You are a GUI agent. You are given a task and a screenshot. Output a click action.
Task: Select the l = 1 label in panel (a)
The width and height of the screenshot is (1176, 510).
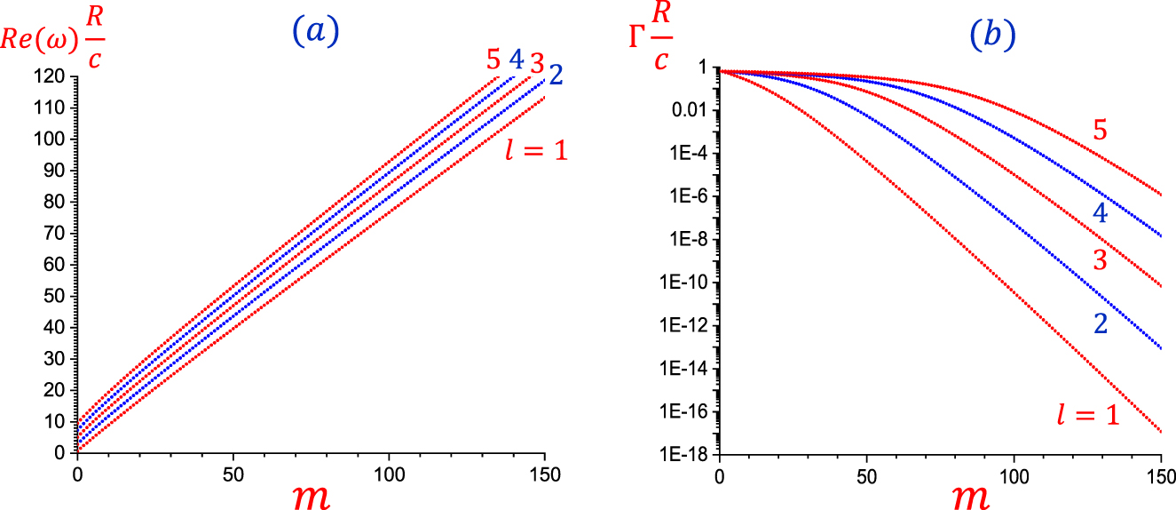click(x=533, y=147)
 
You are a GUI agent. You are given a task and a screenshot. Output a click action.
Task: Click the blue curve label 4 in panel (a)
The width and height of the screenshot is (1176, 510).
click(x=516, y=60)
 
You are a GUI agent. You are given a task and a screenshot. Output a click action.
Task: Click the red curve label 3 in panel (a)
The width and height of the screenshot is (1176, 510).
click(x=536, y=64)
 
